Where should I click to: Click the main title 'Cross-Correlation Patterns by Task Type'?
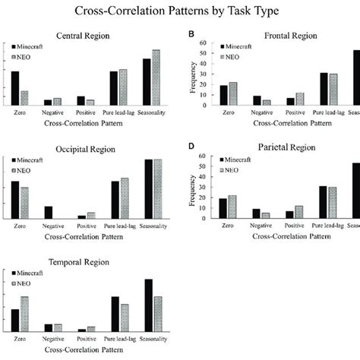coord(180,11)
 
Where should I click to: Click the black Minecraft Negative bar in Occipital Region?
coord(49,213)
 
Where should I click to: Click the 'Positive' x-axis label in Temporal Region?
coord(86,338)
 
